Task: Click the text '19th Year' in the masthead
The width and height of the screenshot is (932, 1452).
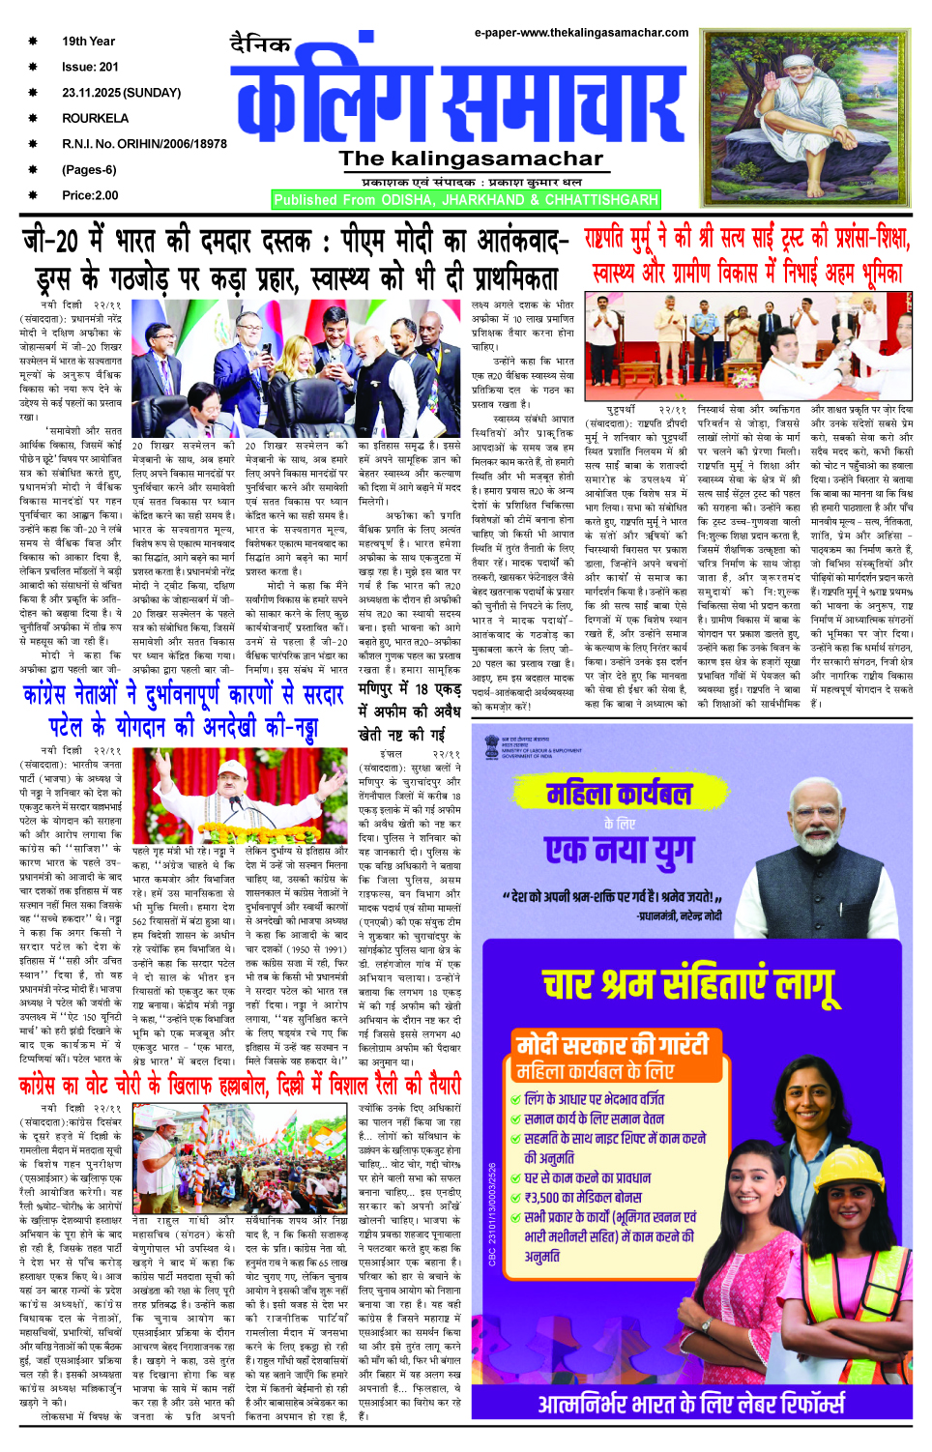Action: pyautogui.click(x=88, y=42)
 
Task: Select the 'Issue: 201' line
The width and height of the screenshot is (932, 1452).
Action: pyautogui.click(x=90, y=67)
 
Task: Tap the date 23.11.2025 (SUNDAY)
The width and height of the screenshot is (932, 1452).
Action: pyautogui.click(x=121, y=93)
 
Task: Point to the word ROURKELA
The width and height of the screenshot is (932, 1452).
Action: pyautogui.click(x=95, y=118)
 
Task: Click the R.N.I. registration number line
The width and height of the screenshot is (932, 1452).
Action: pyautogui.click(x=144, y=144)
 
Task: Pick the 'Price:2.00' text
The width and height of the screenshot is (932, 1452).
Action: pyautogui.click(x=90, y=195)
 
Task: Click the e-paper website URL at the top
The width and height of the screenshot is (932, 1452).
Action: pyautogui.click(x=581, y=32)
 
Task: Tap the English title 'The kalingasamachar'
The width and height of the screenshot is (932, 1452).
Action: pyautogui.click(x=470, y=160)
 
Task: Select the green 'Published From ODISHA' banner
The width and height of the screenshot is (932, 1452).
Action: pyautogui.click(x=465, y=200)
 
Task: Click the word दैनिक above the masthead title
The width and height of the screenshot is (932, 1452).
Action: pyautogui.click(x=260, y=44)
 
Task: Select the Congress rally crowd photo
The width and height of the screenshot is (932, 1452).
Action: pyautogui.click(x=239, y=1156)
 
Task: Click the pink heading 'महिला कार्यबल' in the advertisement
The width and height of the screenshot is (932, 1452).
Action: pyautogui.click(x=619, y=795)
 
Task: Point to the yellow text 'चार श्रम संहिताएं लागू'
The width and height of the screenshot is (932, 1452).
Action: pyautogui.click(x=688, y=984)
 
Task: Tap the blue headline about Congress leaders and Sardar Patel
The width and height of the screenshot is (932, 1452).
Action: pyautogui.click(x=184, y=710)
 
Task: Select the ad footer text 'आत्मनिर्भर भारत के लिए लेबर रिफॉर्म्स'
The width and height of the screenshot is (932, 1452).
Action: pyautogui.click(x=690, y=1404)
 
